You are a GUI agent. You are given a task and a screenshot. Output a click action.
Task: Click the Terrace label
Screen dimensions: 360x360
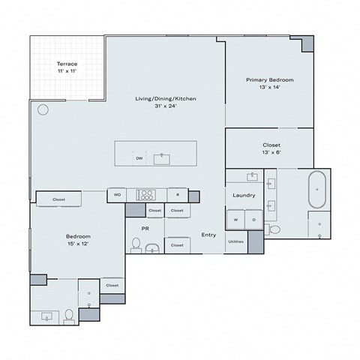67,64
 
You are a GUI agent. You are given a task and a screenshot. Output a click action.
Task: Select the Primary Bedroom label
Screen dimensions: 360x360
269,79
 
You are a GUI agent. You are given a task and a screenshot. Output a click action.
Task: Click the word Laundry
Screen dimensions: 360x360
244,196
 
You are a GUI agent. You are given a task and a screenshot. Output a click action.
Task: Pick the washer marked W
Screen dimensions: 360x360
235,220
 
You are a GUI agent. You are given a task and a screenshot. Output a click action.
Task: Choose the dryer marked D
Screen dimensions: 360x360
253,220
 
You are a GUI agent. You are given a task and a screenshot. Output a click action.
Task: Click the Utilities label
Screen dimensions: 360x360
235,241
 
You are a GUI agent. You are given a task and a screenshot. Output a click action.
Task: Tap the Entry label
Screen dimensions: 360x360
208,235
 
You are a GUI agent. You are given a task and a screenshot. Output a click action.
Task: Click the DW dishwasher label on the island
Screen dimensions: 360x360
139,158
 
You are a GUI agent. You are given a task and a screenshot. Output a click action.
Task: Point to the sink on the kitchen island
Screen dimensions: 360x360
160,158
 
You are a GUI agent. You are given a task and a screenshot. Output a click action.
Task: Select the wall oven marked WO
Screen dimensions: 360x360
117,195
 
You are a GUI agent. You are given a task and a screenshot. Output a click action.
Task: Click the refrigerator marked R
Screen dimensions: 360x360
177,195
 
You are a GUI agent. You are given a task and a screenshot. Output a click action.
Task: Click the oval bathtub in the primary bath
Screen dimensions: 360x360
318,190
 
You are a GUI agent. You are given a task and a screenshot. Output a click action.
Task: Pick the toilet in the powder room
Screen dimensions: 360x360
136,244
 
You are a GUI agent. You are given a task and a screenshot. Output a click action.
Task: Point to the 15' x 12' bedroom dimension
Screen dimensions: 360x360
77,242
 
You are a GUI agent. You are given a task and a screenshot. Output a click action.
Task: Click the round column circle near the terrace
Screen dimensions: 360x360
42,109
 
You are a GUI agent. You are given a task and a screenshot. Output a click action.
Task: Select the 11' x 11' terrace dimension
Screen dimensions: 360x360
67,72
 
